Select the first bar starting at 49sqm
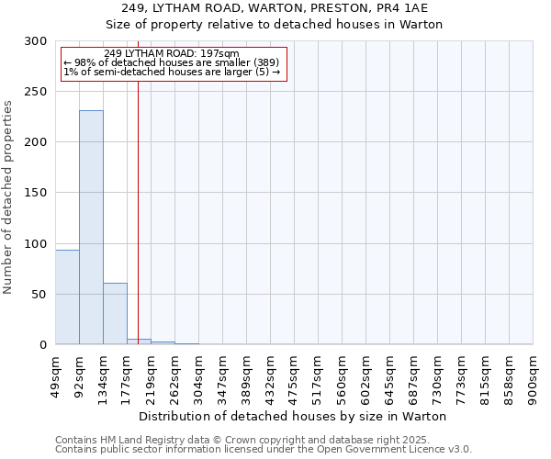pyautogui.click(x=67, y=297)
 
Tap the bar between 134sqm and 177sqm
pyautogui.click(x=115, y=314)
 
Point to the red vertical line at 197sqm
pyautogui.click(x=138, y=202)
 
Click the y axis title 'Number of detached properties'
pyautogui.click(x=8, y=197)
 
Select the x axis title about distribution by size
pyautogui.click(x=293, y=416)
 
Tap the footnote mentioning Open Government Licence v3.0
pyautogui.click(x=264, y=450)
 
